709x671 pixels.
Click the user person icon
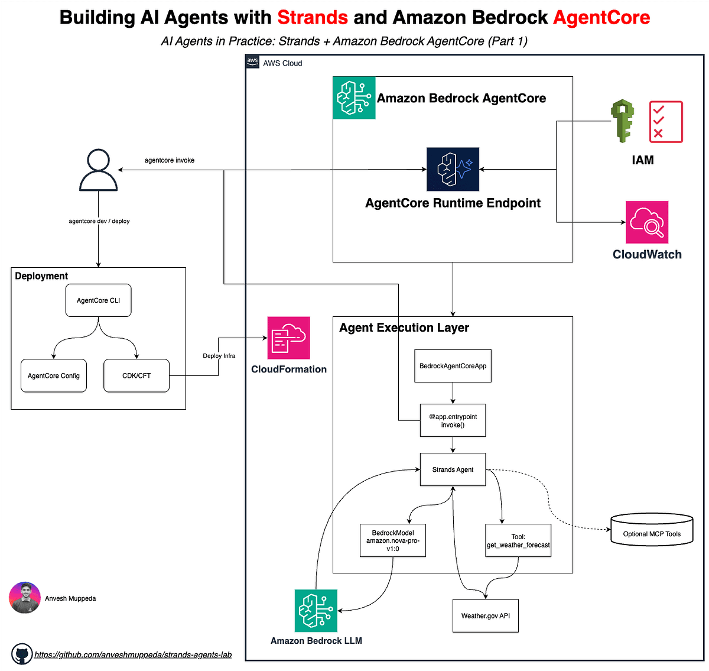click(x=98, y=170)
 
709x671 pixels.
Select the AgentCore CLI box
click(x=98, y=300)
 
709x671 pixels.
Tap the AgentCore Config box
click(x=54, y=375)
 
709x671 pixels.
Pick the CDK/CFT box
click(x=136, y=375)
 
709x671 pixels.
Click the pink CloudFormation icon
click(x=288, y=338)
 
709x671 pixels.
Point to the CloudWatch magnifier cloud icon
click(x=647, y=222)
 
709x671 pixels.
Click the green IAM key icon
click(x=622, y=121)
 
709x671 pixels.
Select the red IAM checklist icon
click(x=666, y=122)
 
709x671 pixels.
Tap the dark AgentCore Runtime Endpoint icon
click(x=453, y=170)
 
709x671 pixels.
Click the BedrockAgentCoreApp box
click(x=453, y=366)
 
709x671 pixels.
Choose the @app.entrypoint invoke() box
click(x=453, y=420)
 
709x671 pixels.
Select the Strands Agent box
click(x=453, y=469)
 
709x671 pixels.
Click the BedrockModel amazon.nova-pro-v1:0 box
click(x=393, y=540)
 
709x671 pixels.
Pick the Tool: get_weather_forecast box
click(x=518, y=540)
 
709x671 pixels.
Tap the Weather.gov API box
click(x=486, y=615)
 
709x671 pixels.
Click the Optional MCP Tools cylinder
click(x=652, y=530)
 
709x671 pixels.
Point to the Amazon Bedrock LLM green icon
click(x=316, y=611)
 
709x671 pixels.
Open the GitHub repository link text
click(x=133, y=654)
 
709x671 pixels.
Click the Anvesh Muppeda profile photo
click(x=25, y=598)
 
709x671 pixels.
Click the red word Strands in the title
click(x=313, y=17)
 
